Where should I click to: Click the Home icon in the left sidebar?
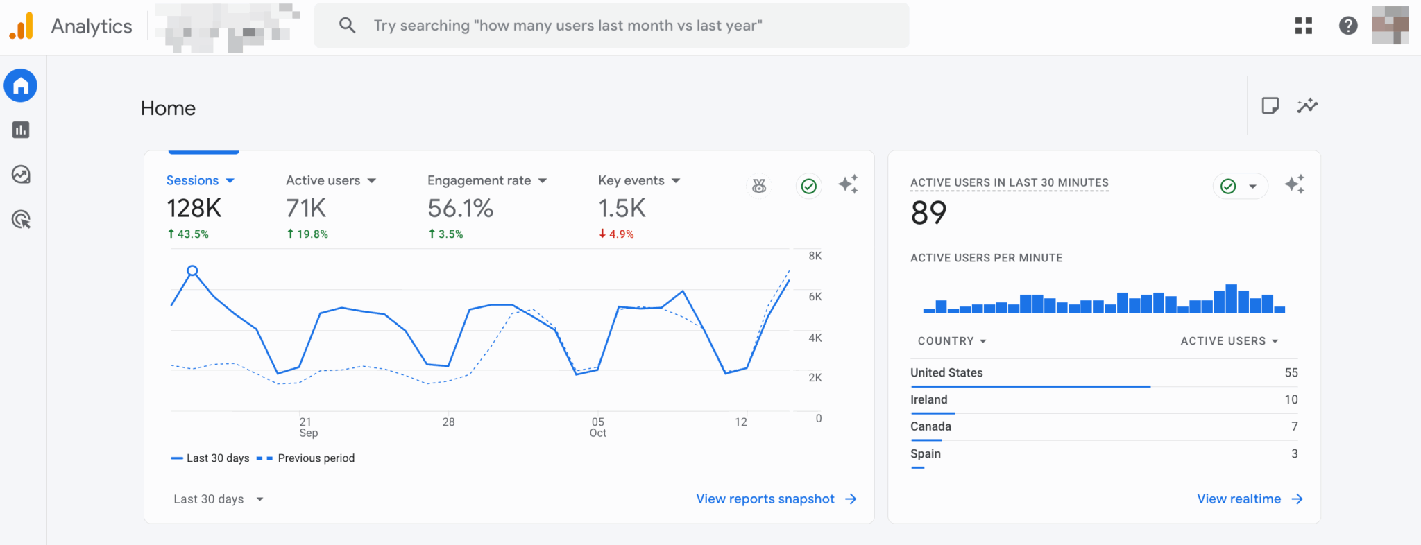tap(21, 86)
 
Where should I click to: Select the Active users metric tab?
tap(323, 180)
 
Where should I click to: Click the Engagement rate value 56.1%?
tap(460, 208)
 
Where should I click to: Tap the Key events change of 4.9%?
tap(616, 234)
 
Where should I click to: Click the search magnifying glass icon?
tap(347, 26)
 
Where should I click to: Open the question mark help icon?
tap(1347, 26)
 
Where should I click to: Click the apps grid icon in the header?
tap(1304, 26)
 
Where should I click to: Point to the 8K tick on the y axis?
tap(815, 256)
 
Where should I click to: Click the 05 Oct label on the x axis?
tap(598, 427)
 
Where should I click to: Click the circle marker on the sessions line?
tap(193, 270)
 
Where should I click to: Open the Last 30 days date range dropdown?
tap(218, 499)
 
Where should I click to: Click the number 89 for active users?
tap(928, 213)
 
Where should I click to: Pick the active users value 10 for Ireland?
tap(1291, 399)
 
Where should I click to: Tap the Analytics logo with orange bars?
tap(22, 26)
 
